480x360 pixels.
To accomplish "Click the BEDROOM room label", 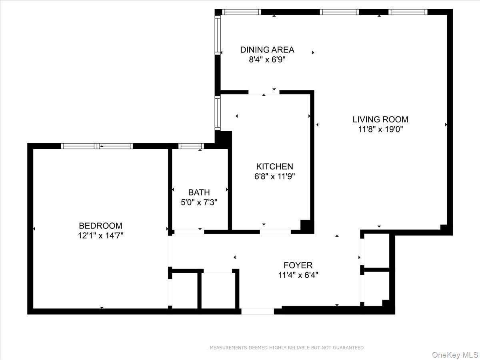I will (100, 226).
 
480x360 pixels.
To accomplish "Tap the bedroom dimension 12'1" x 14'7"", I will (100, 236).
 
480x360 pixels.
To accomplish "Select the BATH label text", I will (199, 192).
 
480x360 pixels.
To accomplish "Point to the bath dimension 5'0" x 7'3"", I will (199, 202).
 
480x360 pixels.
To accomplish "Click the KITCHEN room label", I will (274, 166).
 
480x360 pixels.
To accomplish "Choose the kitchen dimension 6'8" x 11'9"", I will (274, 176).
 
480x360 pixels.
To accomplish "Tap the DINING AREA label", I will (267, 50).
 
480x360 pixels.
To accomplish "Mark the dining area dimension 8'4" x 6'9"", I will (267, 60).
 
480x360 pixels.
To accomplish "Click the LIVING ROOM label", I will (380, 119).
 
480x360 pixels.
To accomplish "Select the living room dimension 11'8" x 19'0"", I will (380, 129).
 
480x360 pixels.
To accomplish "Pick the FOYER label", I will (298, 265).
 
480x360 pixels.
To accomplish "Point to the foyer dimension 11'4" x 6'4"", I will (298, 275).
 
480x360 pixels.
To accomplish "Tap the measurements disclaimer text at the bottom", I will (286, 348).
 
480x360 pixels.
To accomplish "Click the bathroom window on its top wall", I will (191, 146).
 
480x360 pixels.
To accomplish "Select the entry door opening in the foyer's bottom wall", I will (258, 311).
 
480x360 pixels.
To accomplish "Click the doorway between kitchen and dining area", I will (264, 92).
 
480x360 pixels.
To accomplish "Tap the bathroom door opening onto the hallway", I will (189, 232).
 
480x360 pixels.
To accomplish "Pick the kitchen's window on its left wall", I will (218, 113).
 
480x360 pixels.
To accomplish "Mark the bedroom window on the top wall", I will (97, 146).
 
